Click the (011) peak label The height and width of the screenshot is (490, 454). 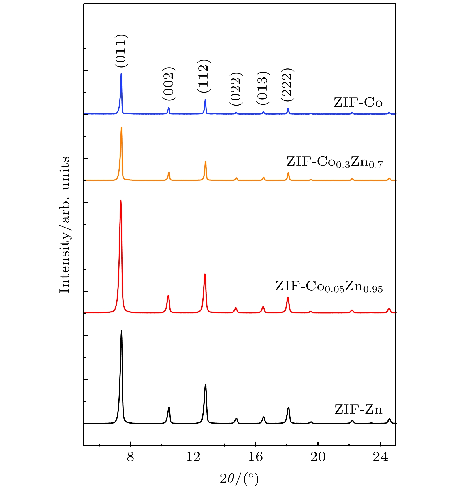tap(121, 51)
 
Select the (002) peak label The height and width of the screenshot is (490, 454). tap(169, 84)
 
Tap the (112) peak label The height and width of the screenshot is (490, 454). tap(204, 76)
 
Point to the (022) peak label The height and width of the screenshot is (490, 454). tap(236, 89)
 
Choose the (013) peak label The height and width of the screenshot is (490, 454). tap(263, 88)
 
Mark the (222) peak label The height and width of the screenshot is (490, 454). tap(288, 85)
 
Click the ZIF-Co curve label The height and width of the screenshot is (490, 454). tap(358, 102)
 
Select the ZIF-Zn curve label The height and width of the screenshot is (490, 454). tap(358, 409)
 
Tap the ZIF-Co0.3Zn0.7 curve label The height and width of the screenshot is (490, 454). tap(335, 162)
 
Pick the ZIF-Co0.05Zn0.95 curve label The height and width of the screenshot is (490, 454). tap(329, 287)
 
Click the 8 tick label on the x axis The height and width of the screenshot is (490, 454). tap(131, 457)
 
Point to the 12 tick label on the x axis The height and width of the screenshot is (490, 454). tap(193, 457)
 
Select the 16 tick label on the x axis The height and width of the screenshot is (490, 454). tap(255, 457)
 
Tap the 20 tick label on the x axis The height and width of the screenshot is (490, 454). tap(318, 457)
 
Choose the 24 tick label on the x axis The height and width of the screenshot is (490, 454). tap(380, 457)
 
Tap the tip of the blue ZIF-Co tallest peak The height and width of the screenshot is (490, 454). tap(121, 74)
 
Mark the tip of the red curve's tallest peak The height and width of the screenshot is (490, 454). tap(120, 200)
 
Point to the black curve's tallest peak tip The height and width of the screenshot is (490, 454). tap(121, 331)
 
